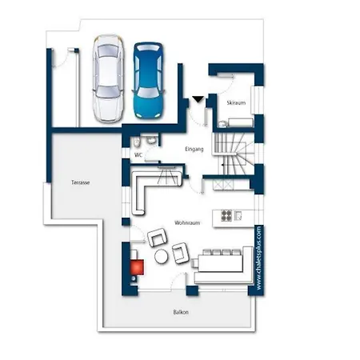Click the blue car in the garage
pyautogui.click(x=148, y=80)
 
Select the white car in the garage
pyautogui.click(x=108, y=78)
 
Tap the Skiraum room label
pyautogui.click(x=236, y=102)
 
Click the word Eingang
pyautogui.click(x=194, y=149)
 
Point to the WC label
pyautogui.click(x=138, y=154)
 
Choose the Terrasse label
pyautogui.click(x=80, y=182)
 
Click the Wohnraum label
pyautogui.click(x=187, y=222)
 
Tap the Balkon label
pyautogui.click(x=181, y=312)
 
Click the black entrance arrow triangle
pyautogui.click(x=198, y=99)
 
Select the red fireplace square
pyautogui.click(x=137, y=267)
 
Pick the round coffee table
pyautogui.click(x=161, y=257)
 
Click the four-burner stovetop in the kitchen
pyautogui.click(x=226, y=216)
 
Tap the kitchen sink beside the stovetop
pyautogui.click(x=238, y=215)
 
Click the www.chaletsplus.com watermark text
pyautogui.click(x=258, y=258)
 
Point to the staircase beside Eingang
pyautogui.click(x=234, y=154)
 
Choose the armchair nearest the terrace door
pyautogui.click(x=158, y=238)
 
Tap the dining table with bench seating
pyautogui.click(x=221, y=263)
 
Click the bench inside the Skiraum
pyautogui.click(x=241, y=122)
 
